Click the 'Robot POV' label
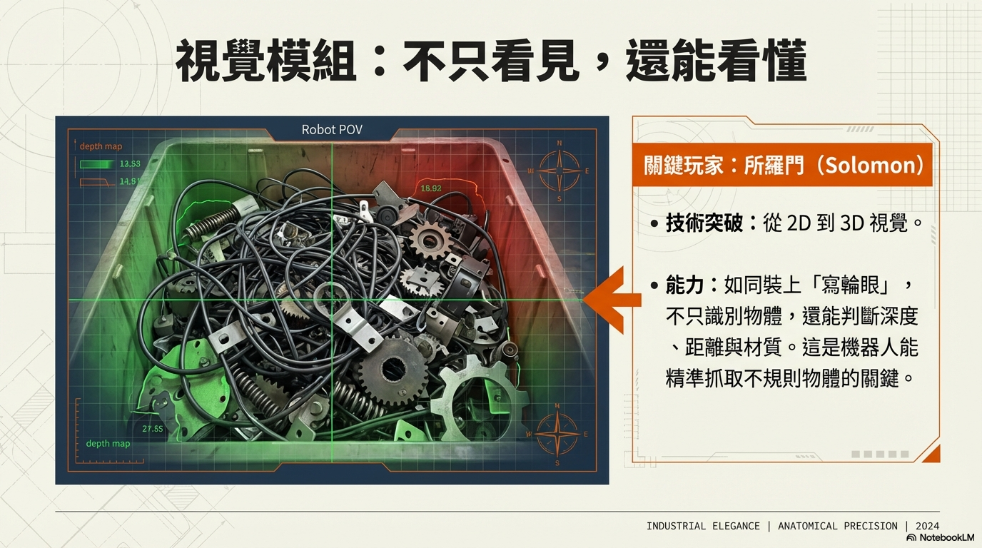click(x=332, y=130)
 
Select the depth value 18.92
click(x=431, y=188)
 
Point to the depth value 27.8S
click(x=153, y=429)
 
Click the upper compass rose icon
click(x=559, y=171)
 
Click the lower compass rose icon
click(x=557, y=434)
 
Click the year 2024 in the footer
click(x=927, y=526)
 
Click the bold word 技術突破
click(x=704, y=223)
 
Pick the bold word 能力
click(x=685, y=285)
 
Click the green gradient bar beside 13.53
click(x=96, y=164)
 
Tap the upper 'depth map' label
click(x=101, y=146)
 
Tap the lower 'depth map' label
click(x=108, y=444)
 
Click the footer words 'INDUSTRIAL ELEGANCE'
click(x=703, y=526)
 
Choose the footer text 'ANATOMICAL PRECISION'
click(x=837, y=526)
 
